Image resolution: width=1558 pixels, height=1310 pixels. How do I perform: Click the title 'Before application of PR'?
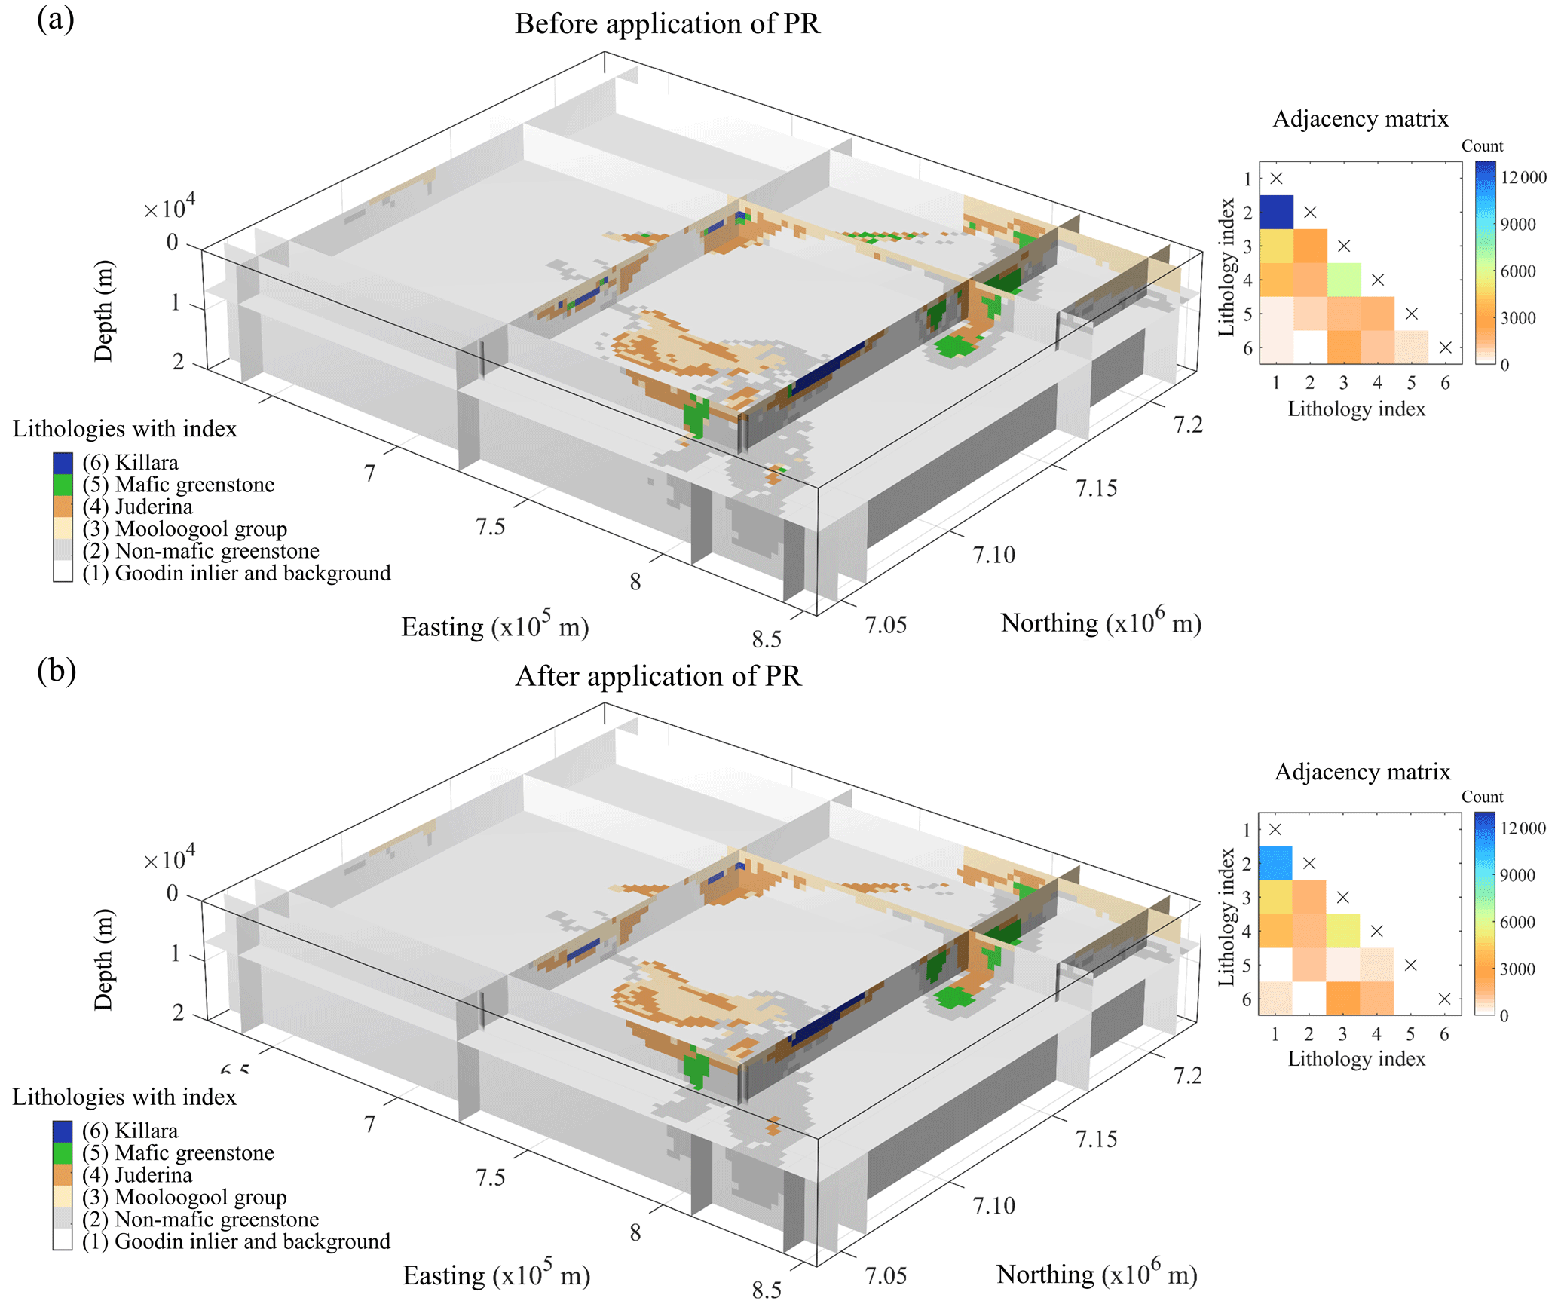pos(667,24)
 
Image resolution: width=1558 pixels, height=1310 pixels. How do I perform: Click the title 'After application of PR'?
pos(658,676)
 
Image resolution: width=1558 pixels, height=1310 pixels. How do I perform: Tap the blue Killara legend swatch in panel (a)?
pos(63,463)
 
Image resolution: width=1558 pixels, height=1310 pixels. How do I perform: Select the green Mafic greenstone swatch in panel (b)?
pos(63,1153)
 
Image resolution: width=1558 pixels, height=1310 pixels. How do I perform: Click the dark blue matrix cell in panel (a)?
pos(1276,212)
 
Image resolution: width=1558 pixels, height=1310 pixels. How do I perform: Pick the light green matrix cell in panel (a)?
pos(1344,280)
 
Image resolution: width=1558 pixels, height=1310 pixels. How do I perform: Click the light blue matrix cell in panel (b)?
pos(1275,863)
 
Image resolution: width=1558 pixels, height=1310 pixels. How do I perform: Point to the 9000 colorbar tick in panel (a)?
pos(1517,225)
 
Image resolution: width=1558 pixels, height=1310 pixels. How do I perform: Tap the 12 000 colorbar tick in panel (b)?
pos(1523,828)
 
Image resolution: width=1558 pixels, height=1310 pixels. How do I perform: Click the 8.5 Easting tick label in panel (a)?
pos(767,640)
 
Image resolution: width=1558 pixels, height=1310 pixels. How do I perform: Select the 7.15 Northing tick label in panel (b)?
pos(1096,1139)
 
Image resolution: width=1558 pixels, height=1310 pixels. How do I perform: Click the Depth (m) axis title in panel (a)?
pos(103,311)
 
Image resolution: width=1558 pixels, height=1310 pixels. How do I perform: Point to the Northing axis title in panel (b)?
pos(1097,1273)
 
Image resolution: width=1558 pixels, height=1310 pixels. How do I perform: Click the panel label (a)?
pos(55,19)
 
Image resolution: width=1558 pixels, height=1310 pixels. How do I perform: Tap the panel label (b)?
pos(56,670)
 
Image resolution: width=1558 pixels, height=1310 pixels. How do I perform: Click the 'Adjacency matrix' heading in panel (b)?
pos(1362,772)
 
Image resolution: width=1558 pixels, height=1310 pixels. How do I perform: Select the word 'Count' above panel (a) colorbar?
pos(1482,146)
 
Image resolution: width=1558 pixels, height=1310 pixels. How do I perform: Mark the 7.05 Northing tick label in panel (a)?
pos(886,625)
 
